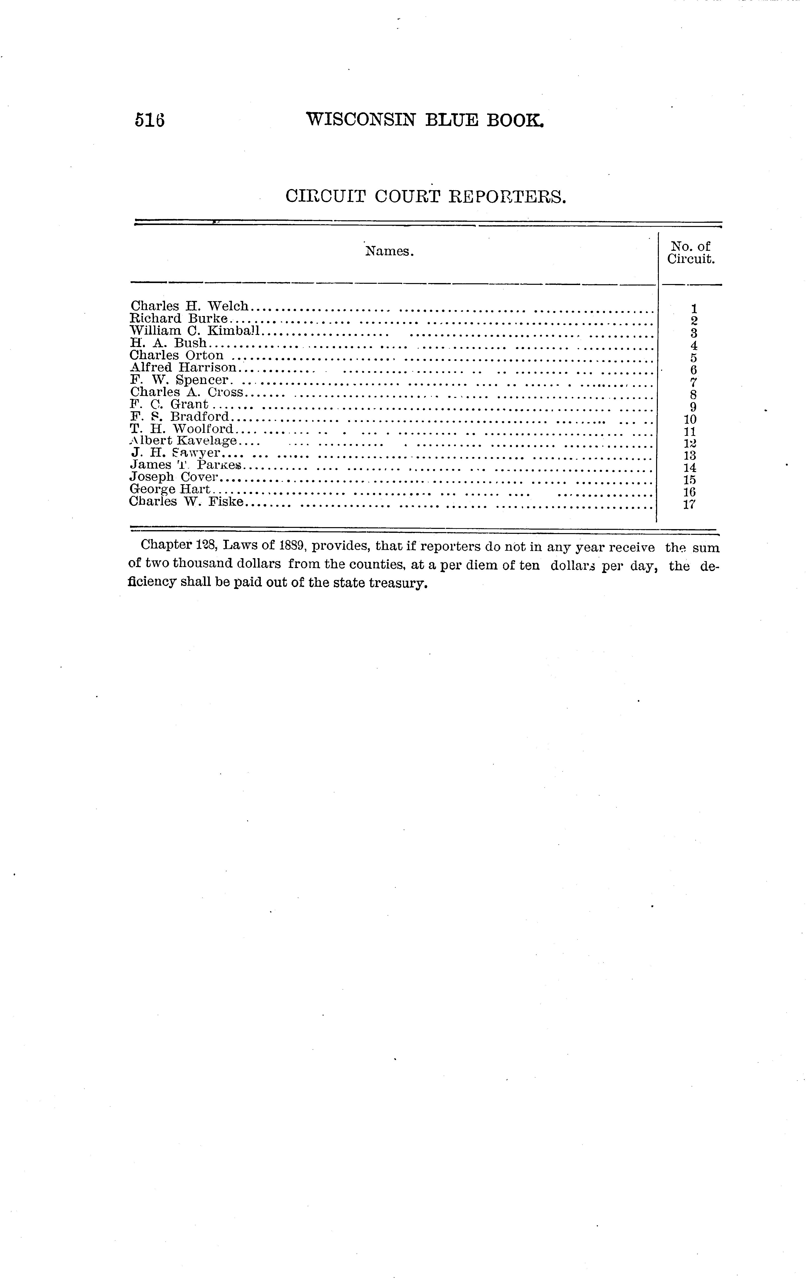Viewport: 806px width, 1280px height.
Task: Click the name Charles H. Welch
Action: point(189,306)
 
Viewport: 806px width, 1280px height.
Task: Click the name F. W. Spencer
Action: point(180,380)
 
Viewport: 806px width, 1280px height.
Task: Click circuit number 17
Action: point(690,505)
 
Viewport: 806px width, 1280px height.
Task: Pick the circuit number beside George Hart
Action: point(690,492)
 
